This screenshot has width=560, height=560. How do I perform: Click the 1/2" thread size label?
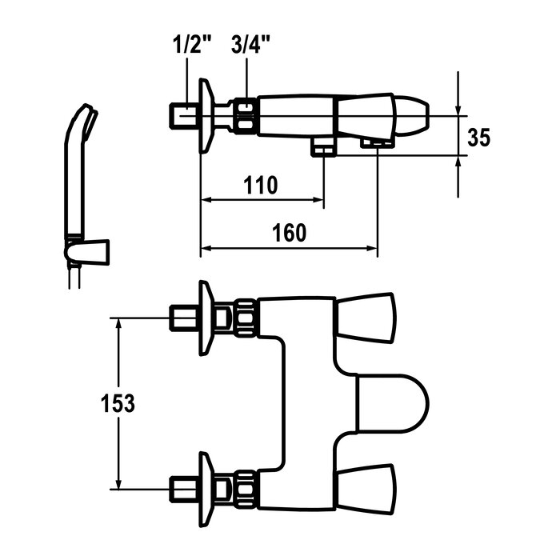pos(192,45)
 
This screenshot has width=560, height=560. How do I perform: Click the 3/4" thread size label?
pos(250,45)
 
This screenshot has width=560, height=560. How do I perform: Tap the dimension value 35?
pos(479,138)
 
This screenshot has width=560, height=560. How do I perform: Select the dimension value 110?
pos(260,186)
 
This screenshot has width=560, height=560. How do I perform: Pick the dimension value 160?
pos(289,233)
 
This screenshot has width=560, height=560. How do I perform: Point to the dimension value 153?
pos(118,403)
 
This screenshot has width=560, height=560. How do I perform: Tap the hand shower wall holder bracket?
pos(86,253)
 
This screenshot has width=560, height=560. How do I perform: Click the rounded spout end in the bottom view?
pos(393,403)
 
